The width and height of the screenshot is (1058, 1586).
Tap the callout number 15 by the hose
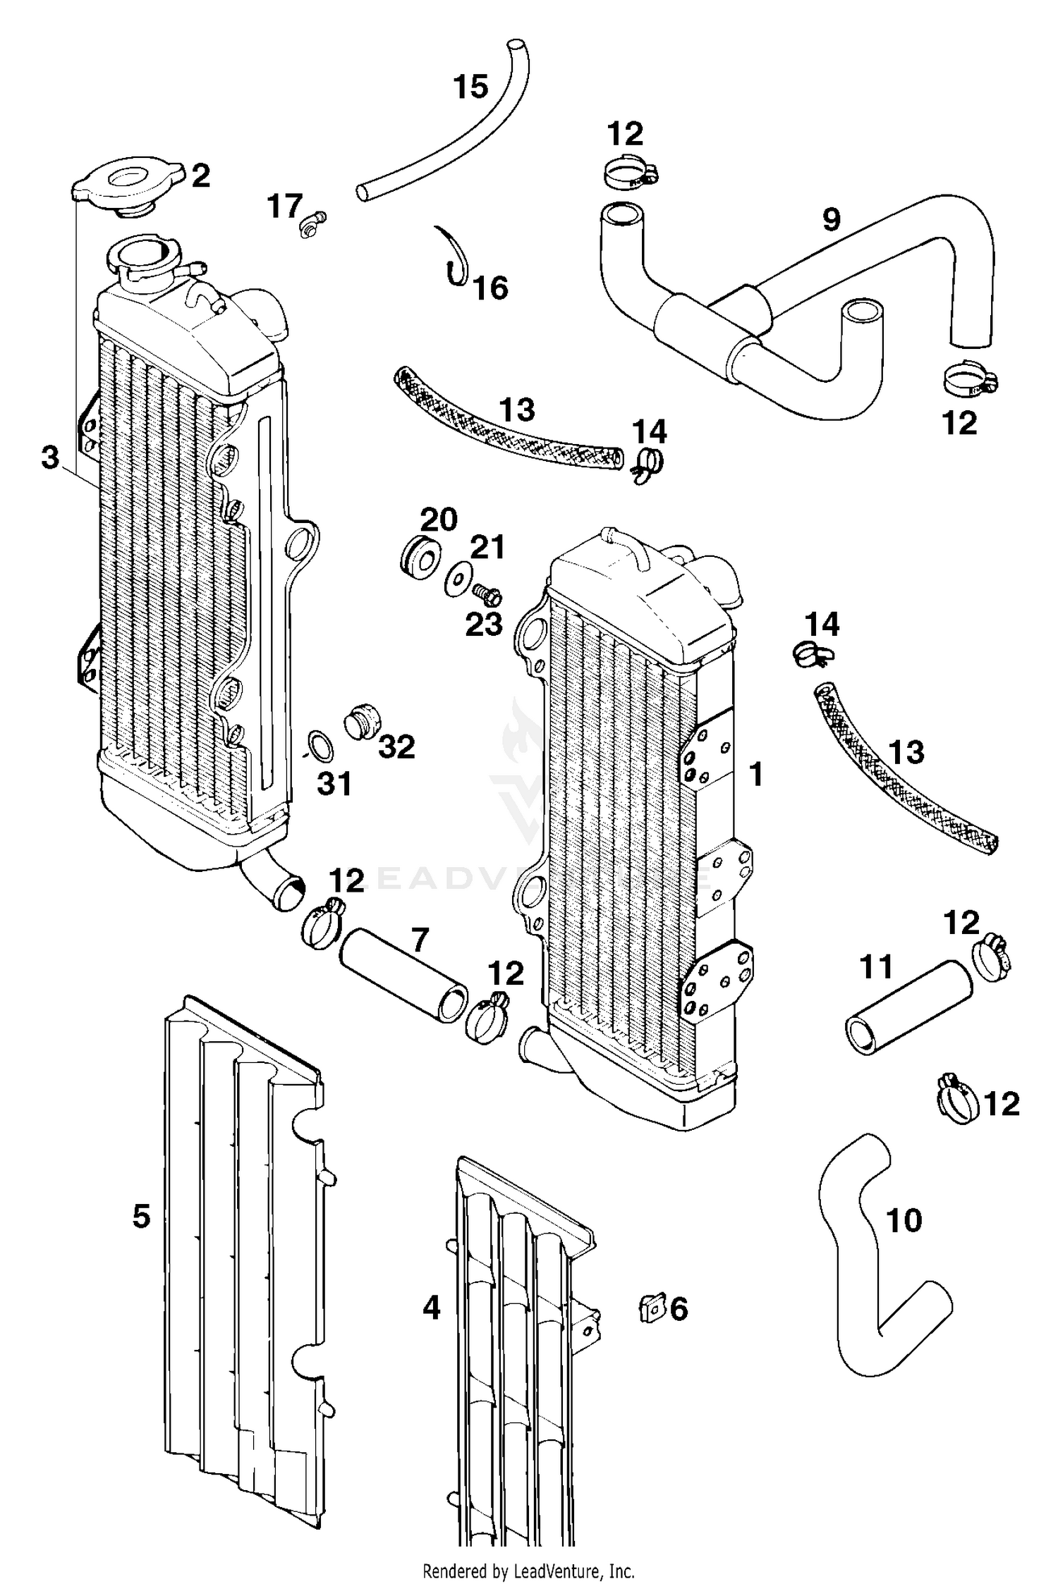coord(470,87)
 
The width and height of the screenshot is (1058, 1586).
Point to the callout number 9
coord(832,220)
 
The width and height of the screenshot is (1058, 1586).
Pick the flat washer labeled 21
coord(457,579)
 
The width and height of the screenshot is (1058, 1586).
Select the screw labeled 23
coord(487,596)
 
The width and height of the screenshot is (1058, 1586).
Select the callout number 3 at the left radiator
coord(50,458)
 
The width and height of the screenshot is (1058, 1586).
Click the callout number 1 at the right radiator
coord(756,774)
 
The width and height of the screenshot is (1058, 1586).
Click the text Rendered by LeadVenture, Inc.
coord(528,1571)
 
